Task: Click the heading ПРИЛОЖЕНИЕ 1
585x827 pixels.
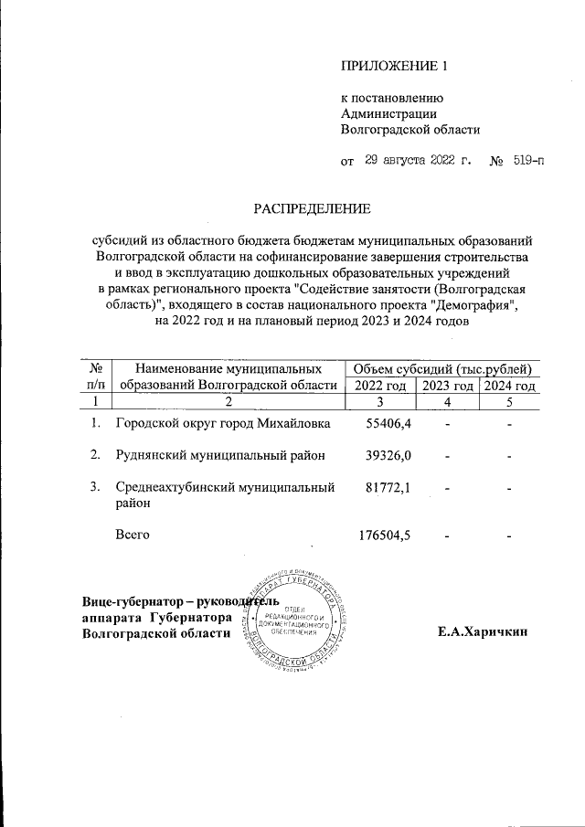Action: pos(395,66)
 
